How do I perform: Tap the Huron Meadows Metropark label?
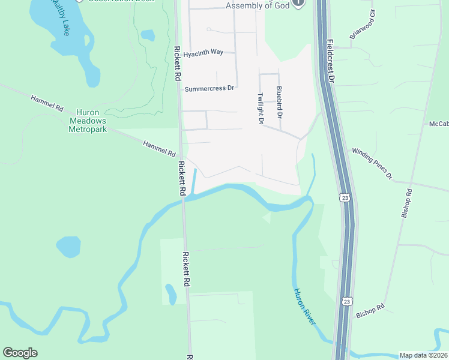pyautogui.click(x=91, y=121)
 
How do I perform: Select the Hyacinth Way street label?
pyautogui.click(x=203, y=53)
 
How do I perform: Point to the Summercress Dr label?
pyautogui.click(x=209, y=89)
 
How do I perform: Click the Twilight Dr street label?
pyautogui.click(x=261, y=109)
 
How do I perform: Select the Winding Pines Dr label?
pyautogui.click(x=372, y=164)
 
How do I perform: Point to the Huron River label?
pyautogui.click(x=304, y=307)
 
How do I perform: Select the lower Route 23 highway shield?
pyautogui.click(x=346, y=301)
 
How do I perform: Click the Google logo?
pyautogui.click(x=20, y=353)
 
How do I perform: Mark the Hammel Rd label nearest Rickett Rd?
pyautogui.click(x=159, y=149)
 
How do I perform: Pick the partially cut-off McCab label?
pyautogui.click(x=439, y=124)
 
